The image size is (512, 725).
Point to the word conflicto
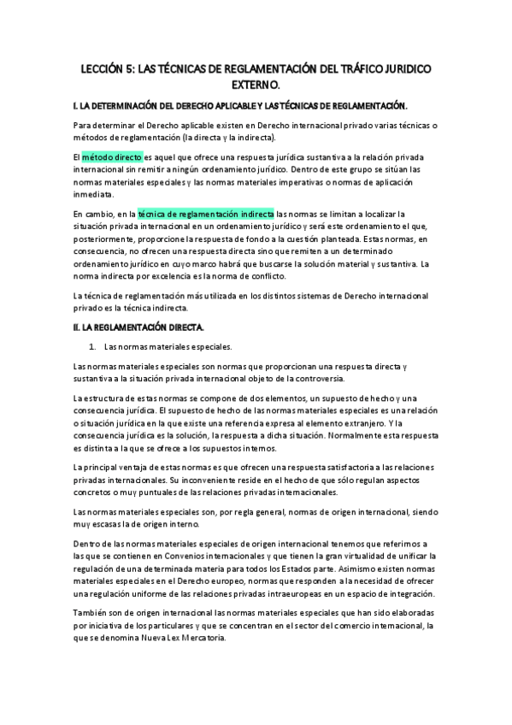[268, 275]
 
